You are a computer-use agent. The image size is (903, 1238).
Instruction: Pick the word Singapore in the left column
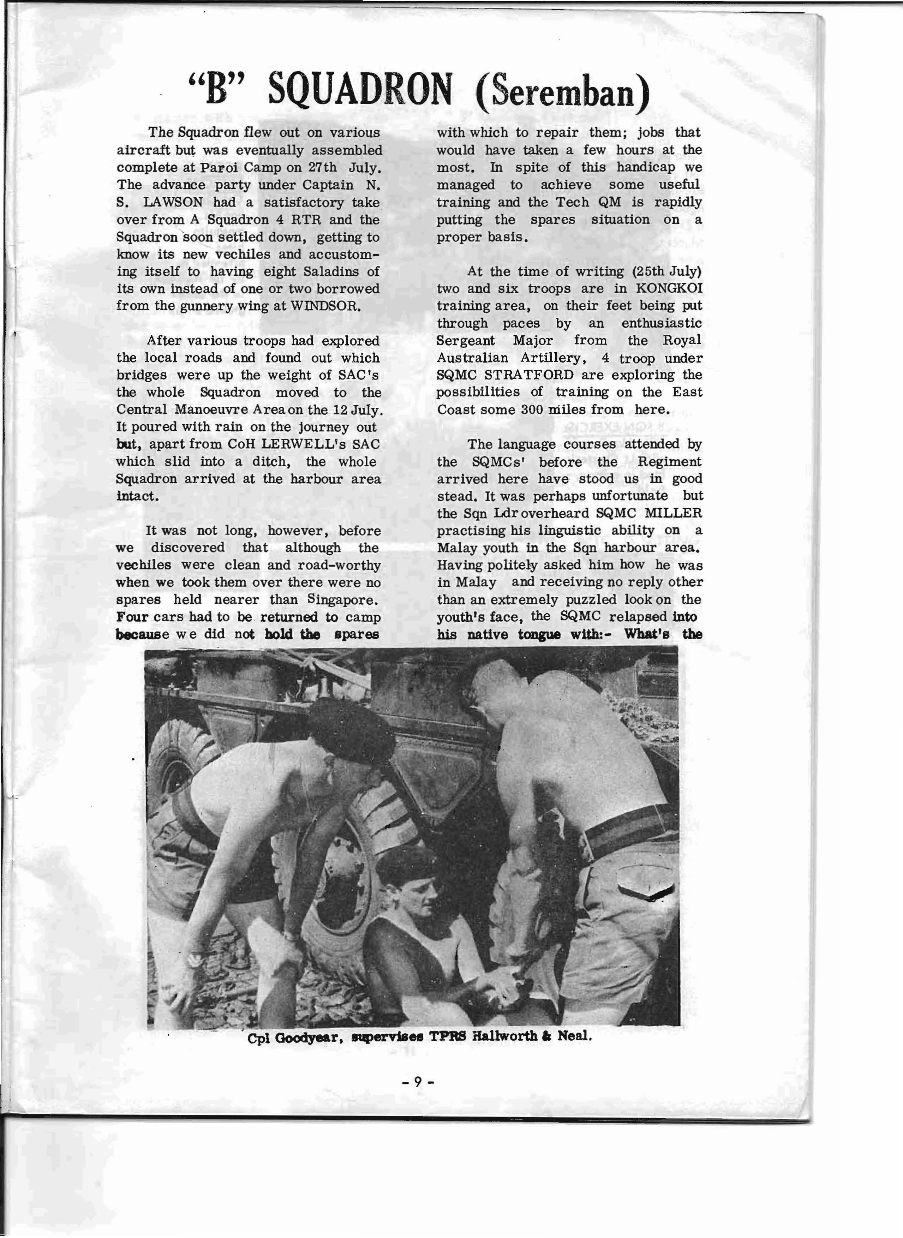(342, 600)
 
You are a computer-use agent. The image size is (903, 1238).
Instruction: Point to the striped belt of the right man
(629, 820)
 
